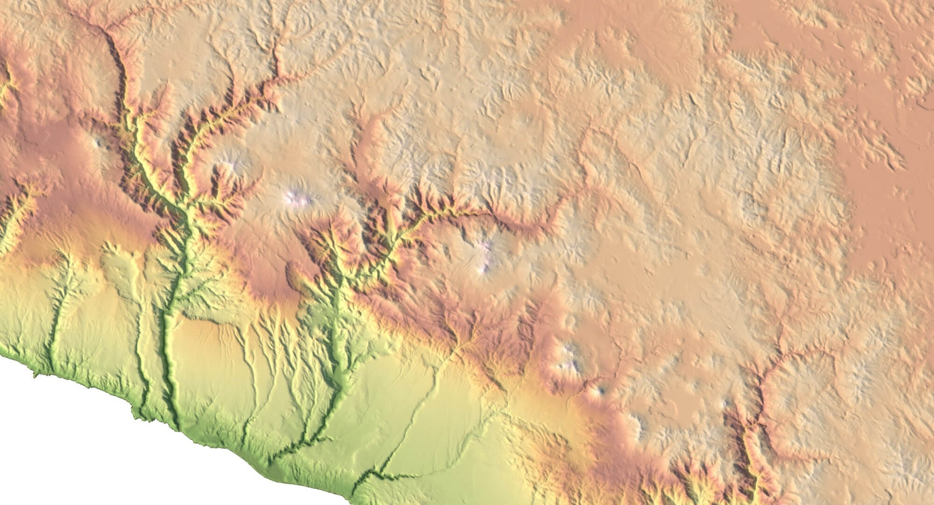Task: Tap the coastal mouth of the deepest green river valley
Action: click(x=177, y=426)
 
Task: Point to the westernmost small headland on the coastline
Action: click(x=34, y=374)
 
